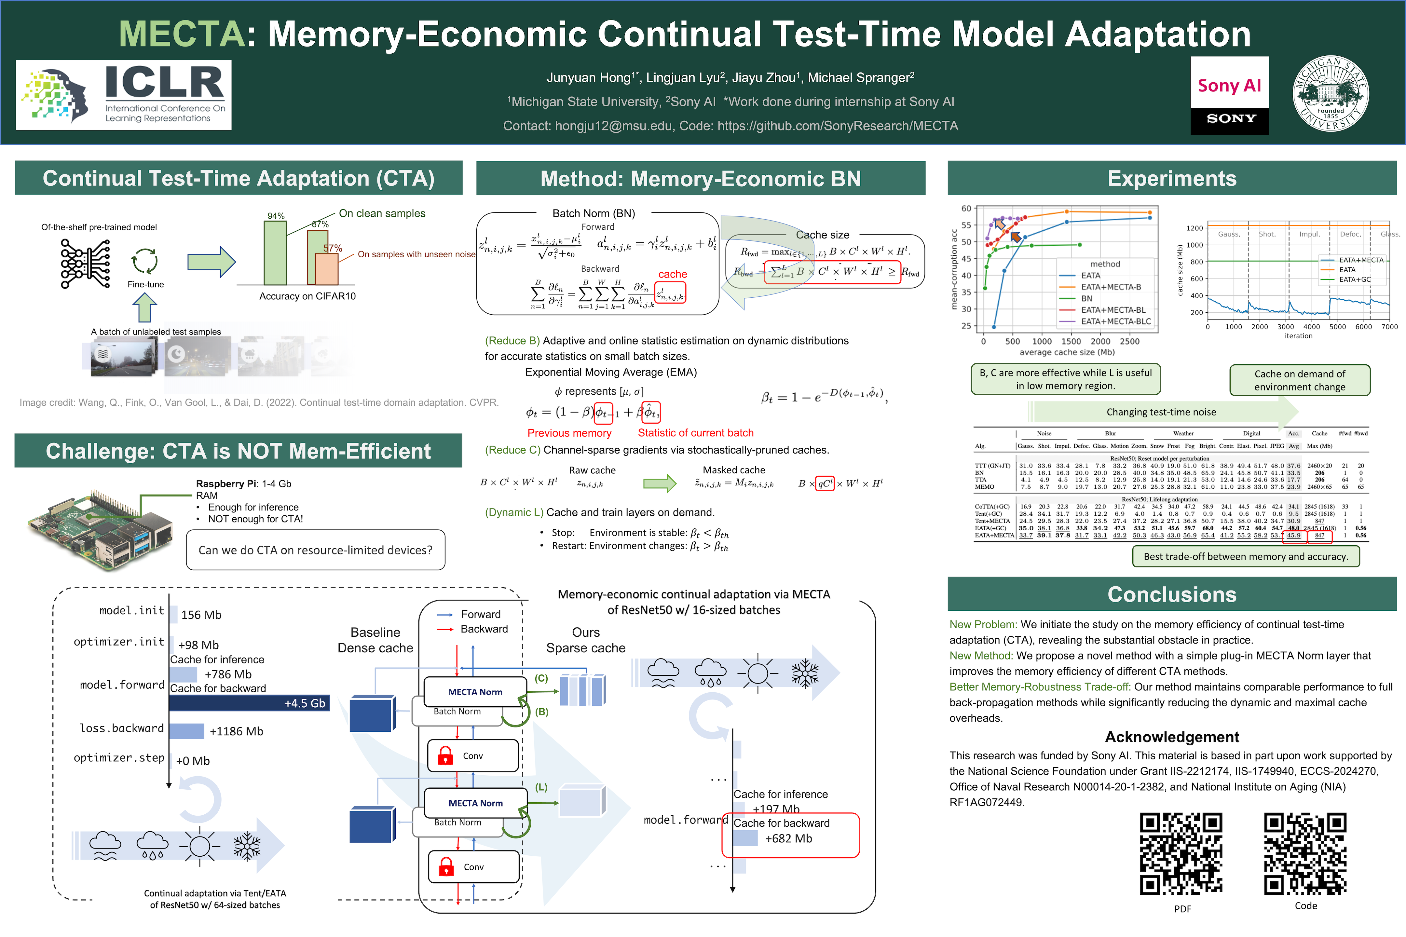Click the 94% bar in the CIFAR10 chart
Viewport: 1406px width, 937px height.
tap(276, 253)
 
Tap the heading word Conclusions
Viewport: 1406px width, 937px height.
tap(1172, 595)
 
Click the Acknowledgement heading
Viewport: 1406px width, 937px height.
tap(1172, 737)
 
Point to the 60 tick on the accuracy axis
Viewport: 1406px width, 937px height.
tap(966, 209)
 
